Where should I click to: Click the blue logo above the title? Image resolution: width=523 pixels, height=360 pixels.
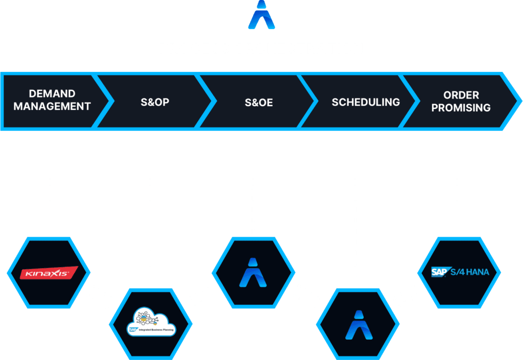click(261, 15)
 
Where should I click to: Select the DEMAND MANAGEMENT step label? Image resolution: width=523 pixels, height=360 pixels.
click(52, 100)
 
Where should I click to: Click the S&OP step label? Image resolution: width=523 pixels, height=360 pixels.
click(155, 102)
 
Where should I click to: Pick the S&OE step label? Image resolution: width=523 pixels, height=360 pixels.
click(258, 103)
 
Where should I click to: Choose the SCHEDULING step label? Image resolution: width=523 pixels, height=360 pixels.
click(366, 102)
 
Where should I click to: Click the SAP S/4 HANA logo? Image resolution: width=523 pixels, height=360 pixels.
click(460, 272)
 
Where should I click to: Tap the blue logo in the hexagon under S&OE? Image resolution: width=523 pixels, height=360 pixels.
click(253, 272)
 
